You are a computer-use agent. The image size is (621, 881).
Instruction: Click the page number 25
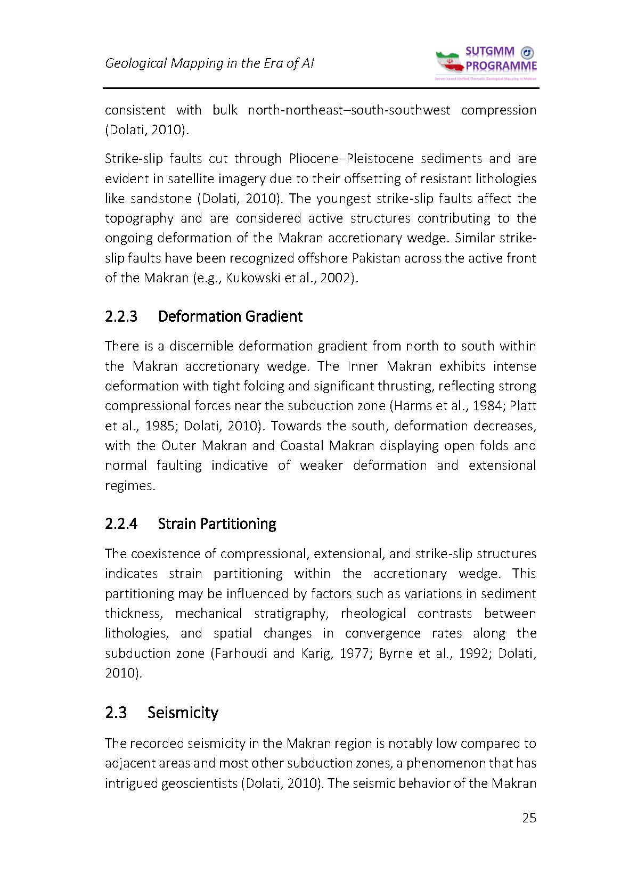point(529,818)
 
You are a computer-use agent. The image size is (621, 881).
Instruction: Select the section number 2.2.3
point(121,316)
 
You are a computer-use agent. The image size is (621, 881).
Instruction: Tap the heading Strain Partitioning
point(217,524)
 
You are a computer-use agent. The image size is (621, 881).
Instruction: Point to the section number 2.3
point(116,713)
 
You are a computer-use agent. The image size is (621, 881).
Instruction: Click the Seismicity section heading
point(183,713)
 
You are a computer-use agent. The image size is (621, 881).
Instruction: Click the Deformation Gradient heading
point(230,316)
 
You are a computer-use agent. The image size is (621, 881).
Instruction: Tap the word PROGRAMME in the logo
point(501,66)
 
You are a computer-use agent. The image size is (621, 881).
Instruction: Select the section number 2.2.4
point(121,524)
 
